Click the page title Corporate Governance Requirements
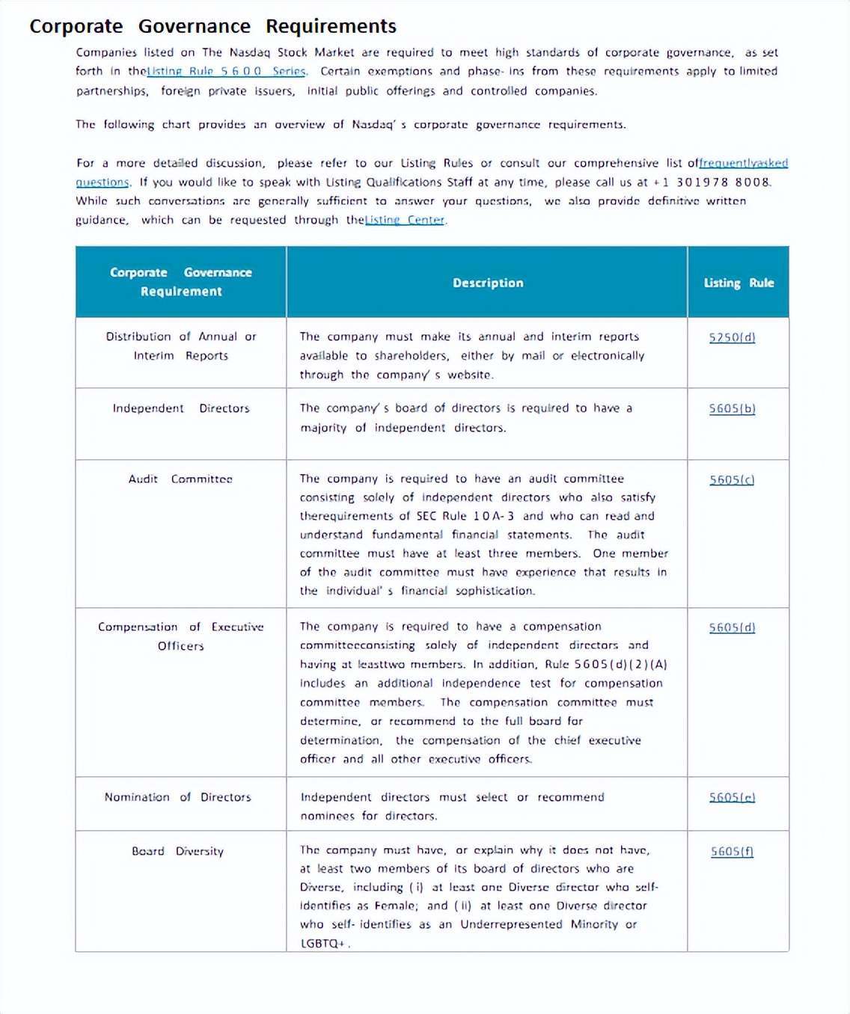point(212,26)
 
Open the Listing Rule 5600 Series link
point(226,71)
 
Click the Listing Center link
point(405,220)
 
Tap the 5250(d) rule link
point(732,337)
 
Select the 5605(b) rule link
point(732,409)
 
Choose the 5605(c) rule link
point(732,479)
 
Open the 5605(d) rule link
point(732,627)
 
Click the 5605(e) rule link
point(732,797)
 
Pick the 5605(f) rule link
point(732,851)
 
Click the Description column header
point(488,283)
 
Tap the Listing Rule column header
point(739,283)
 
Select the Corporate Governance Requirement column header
point(181,282)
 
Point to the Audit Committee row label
point(180,479)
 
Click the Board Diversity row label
point(177,851)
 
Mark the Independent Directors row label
point(181,408)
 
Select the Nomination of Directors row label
point(177,797)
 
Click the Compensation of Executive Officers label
point(180,636)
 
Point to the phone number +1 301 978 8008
point(712,182)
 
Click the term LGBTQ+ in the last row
point(322,943)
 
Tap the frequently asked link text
point(743,163)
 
